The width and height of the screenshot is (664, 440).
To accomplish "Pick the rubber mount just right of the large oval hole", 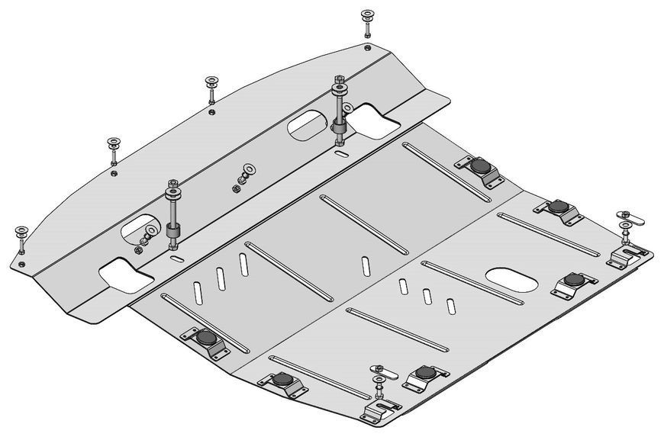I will point(571,283).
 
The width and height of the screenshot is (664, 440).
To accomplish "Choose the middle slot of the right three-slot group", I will point(426,295).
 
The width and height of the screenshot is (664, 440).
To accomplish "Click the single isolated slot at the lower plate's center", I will point(365,268).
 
